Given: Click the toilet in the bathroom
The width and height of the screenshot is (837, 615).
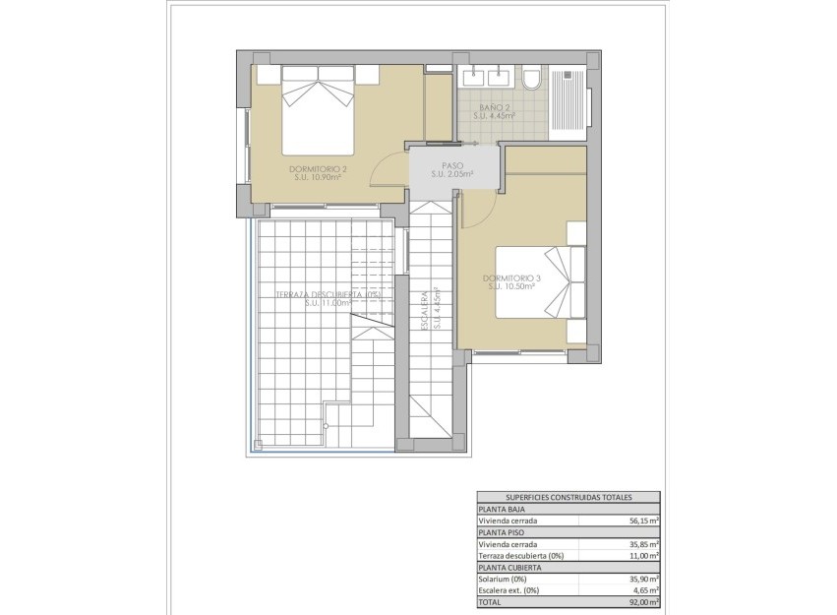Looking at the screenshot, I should pyautogui.click(x=532, y=79).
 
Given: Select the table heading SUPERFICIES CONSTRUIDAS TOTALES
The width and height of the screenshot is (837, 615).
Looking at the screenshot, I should pyautogui.click(x=568, y=498).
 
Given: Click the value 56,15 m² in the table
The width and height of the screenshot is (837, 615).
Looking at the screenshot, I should pyautogui.click(x=644, y=521).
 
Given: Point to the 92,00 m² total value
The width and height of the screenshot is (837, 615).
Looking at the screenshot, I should pyautogui.click(x=644, y=601).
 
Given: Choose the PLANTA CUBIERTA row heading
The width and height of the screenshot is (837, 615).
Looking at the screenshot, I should pyautogui.click(x=508, y=568).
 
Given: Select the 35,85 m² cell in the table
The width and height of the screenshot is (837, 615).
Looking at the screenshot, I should pyautogui.click(x=644, y=544).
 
